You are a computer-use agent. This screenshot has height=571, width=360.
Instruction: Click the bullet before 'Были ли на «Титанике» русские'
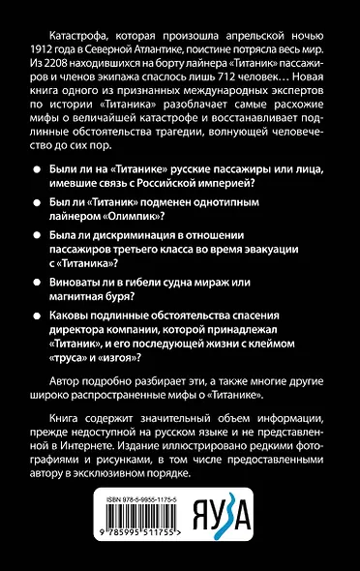(35, 167)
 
